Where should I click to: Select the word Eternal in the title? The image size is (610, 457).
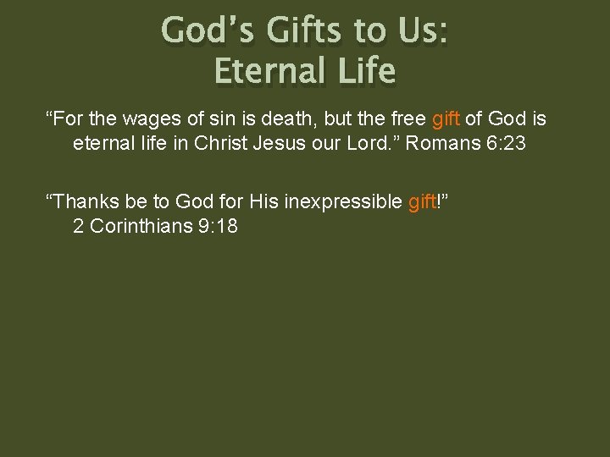[266, 71]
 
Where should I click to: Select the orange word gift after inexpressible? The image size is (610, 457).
[421, 201]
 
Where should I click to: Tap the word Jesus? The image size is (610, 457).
[280, 143]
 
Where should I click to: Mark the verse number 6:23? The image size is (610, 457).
[505, 143]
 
